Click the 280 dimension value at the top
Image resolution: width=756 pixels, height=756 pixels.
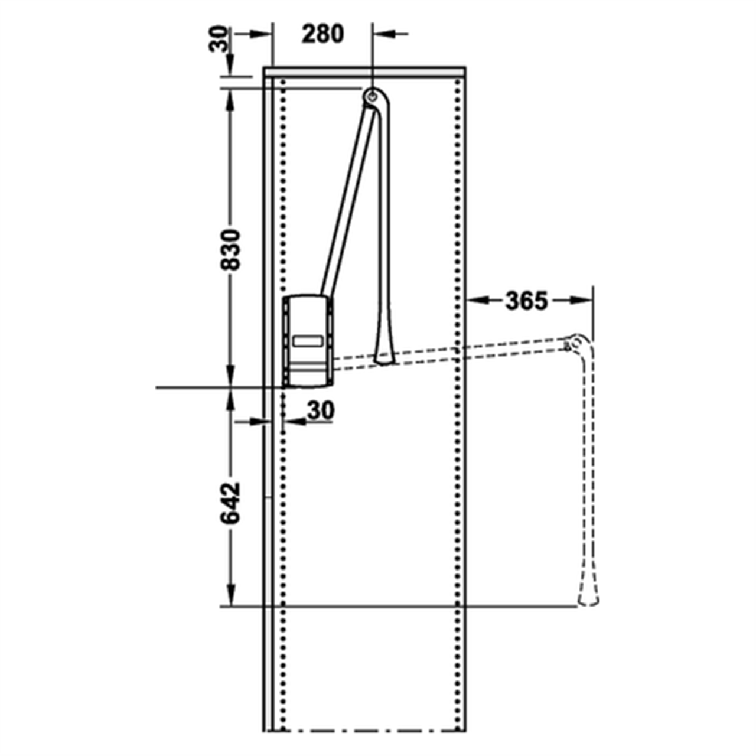tap(322, 34)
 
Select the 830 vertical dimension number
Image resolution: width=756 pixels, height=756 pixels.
tap(231, 249)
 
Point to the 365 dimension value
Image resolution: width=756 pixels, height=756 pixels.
tap(526, 301)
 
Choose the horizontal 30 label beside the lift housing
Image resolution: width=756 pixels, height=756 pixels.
tap(321, 409)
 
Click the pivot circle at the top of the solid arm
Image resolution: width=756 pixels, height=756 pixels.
tap(372, 95)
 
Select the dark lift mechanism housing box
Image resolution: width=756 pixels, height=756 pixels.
tap(308, 343)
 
